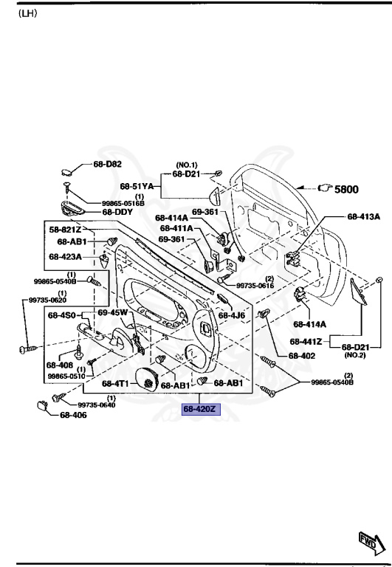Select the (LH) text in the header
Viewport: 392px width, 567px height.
point(28,13)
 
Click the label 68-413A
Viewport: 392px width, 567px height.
point(363,217)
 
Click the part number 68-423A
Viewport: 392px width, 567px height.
point(66,257)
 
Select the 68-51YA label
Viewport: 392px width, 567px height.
point(137,187)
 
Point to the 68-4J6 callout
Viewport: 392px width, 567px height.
point(232,315)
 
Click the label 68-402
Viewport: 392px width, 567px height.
point(302,355)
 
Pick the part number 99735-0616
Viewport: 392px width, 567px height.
point(255,285)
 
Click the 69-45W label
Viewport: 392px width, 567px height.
point(113,313)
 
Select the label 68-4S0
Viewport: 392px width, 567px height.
point(63,315)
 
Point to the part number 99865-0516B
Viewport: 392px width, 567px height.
point(123,202)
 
